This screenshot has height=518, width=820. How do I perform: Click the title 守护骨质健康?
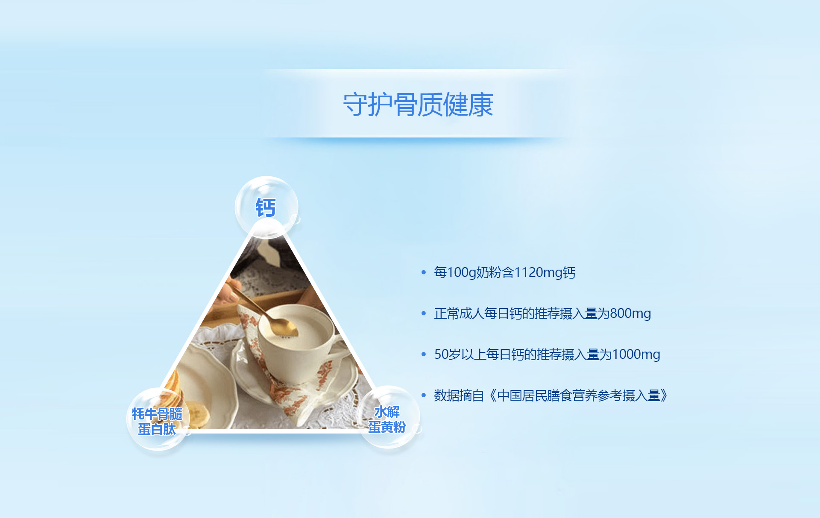pos(418,105)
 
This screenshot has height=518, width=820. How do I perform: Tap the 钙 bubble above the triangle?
pos(266,207)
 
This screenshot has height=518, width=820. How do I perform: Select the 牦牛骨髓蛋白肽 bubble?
pos(158,419)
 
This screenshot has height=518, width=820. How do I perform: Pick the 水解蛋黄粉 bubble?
pos(388,417)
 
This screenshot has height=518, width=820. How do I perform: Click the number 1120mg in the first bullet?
pos(538,272)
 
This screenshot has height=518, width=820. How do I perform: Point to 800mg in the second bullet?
pos(630,314)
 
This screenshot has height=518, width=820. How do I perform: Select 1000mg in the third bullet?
pos(636,354)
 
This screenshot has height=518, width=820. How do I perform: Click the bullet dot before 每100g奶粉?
pos(424,272)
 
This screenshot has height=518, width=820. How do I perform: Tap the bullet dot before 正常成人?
pos(424,313)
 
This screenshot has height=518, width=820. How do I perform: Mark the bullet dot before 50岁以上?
pos(424,354)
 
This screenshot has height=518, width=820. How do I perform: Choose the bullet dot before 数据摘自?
pos(424,395)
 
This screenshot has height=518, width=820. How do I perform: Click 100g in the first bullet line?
pos(462,272)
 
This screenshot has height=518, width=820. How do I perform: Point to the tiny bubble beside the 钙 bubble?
pos(295,219)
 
